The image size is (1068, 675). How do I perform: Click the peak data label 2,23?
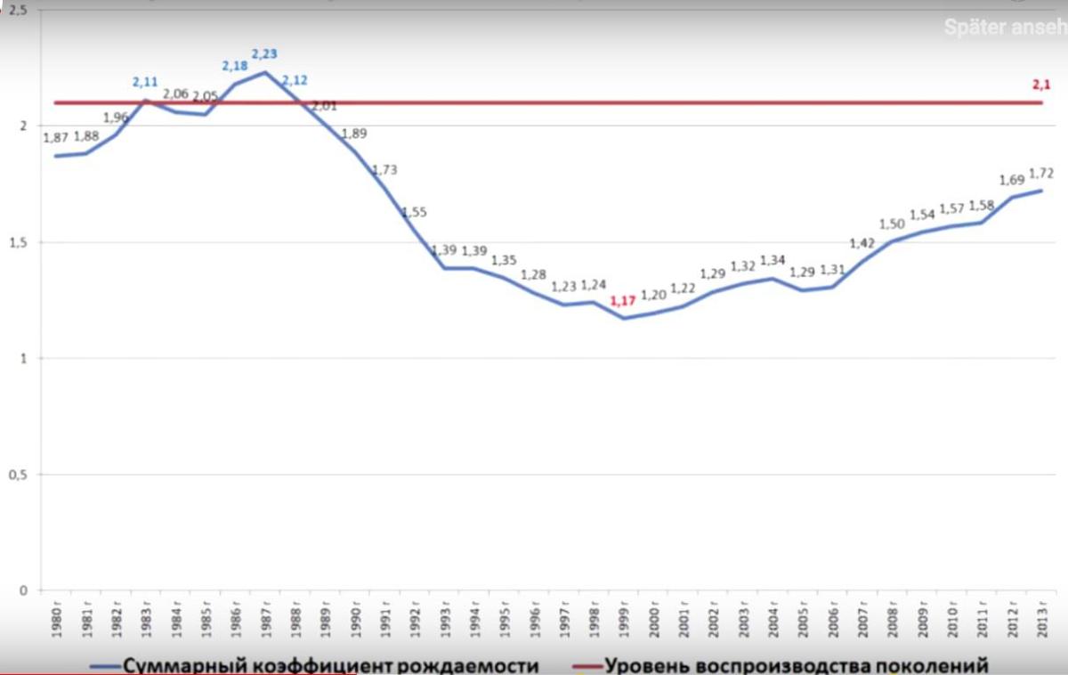click(x=265, y=53)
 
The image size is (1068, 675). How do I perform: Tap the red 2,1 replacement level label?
click(x=1040, y=85)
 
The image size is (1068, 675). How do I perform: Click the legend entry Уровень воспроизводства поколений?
click(x=796, y=665)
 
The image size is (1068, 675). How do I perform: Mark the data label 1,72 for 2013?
click(x=1040, y=174)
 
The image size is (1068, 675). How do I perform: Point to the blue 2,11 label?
click(x=146, y=82)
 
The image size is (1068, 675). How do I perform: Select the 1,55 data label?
click(x=415, y=212)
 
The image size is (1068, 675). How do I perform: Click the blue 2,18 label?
click(x=236, y=65)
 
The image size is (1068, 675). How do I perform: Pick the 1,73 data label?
click(x=385, y=169)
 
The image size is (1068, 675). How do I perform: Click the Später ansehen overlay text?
click(x=1005, y=28)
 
